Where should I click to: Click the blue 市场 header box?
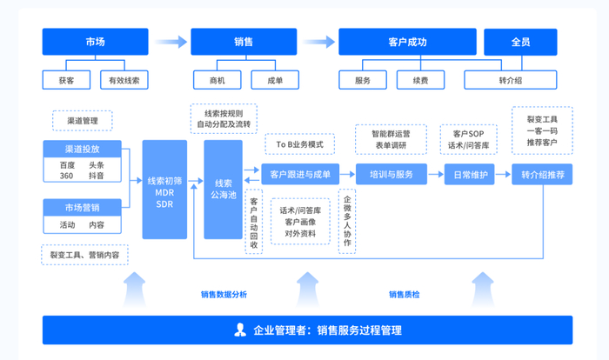tap(95, 42)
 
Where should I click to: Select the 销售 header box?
tap(244, 42)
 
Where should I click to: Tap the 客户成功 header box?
tap(407, 42)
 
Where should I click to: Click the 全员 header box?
tap(520, 42)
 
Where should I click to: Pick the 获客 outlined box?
tap(66, 80)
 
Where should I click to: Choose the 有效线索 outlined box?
tap(124, 80)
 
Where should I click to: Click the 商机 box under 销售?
tap(217, 80)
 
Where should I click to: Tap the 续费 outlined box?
tap(420, 80)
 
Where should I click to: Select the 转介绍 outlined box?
tap(511, 80)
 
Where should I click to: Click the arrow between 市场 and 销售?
tap(171, 42)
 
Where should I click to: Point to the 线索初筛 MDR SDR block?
tap(164, 190)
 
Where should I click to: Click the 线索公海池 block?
tap(224, 190)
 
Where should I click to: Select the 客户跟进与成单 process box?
tap(300, 175)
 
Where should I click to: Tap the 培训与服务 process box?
tap(391, 175)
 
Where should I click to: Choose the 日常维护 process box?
tap(470, 175)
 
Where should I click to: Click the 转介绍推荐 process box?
tap(542, 175)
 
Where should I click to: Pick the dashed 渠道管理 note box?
tap(83, 121)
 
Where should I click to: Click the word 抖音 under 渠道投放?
tap(97, 176)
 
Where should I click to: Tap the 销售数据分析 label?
tap(224, 295)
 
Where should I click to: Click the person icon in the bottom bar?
tap(240, 330)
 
